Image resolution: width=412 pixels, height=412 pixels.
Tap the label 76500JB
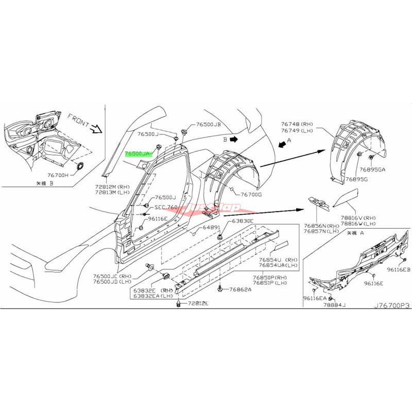pos(208,125)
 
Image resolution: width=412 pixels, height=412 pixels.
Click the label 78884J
pos(335,305)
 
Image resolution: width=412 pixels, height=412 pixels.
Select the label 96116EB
pos(399,269)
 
